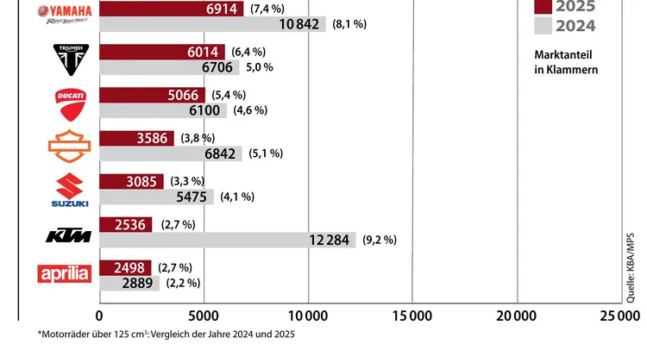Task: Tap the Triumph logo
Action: tap(68, 59)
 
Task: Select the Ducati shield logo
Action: tap(68, 102)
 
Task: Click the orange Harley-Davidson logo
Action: tap(68, 145)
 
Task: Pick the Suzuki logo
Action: tap(68, 189)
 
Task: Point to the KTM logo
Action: tap(68, 234)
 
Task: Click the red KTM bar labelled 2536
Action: tap(126, 225)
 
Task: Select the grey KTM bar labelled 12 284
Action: tap(228, 240)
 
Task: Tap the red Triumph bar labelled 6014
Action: tap(162, 51)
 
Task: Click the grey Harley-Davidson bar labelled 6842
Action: tap(171, 153)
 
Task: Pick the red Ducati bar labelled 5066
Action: tap(152, 95)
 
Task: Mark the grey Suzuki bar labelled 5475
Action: tap(156, 197)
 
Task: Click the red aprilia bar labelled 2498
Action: tap(125, 267)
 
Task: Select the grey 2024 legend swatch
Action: tap(543, 26)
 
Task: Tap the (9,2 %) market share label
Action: tap(380, 240)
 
